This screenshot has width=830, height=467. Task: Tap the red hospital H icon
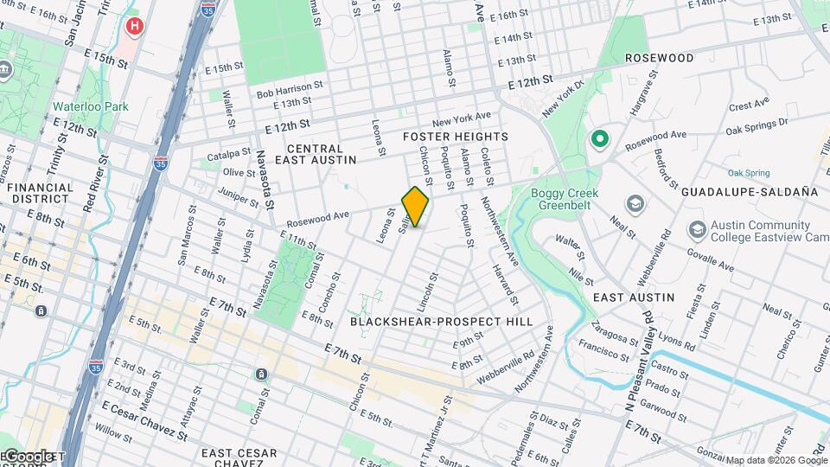(133, 26)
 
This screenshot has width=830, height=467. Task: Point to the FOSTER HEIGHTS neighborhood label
(455, 137)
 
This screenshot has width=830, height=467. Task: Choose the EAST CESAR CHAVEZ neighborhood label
(239, 458)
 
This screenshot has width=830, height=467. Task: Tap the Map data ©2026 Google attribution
(776, 460)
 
